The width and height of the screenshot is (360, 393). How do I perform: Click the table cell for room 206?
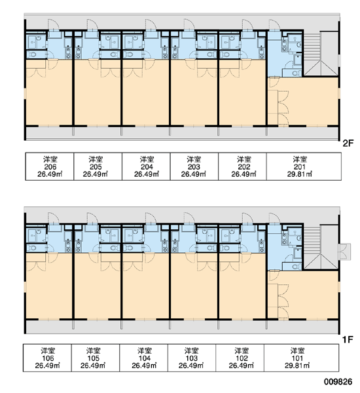[50, 166]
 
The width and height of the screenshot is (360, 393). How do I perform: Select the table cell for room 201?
[304, 166]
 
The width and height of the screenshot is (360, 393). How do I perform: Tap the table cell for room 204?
[146, 166]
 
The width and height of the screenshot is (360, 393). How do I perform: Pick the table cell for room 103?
[192, 358]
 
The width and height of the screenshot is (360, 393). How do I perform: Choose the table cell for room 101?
[301, 358]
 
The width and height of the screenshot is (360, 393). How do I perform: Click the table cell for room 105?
[96, 358]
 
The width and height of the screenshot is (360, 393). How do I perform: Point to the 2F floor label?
[348, 143]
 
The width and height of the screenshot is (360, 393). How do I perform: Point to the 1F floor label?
[348, 339]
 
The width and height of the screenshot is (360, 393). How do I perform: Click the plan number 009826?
[338, 382]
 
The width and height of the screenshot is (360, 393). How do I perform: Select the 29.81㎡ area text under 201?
[299, 174]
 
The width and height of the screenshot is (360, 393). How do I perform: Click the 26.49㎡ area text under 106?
[47, 365]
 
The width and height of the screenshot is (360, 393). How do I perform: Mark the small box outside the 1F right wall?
[344, 252]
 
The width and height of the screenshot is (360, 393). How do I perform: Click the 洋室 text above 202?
[244, 159]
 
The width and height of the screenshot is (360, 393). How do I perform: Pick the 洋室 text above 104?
[145, 350]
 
